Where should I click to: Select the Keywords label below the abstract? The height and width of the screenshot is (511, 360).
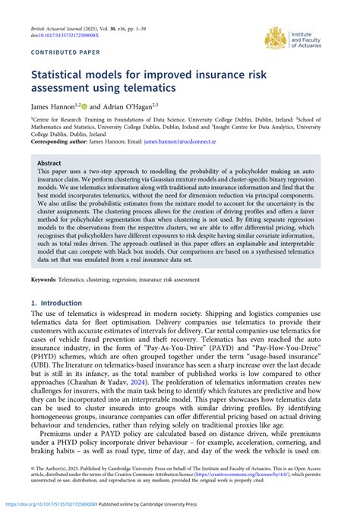(x=47, y=280)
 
